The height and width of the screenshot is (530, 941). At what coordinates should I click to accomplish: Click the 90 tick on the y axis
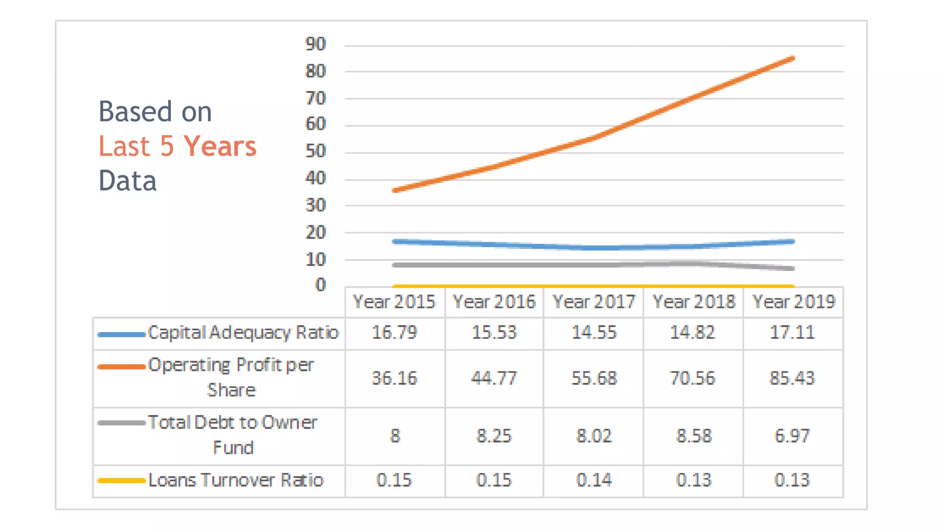coord(315,44)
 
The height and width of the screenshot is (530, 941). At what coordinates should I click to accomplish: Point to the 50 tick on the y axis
coord(315,151)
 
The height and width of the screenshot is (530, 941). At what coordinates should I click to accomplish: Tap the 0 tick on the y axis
coord(320,285)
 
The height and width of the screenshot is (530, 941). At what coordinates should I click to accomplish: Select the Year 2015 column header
coord(394,302)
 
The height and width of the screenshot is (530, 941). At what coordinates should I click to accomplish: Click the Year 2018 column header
coord(694,302)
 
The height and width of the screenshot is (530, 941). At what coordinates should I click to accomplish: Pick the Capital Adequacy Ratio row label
coord(243,333)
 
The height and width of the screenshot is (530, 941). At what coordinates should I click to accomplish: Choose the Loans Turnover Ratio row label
coord(236,480)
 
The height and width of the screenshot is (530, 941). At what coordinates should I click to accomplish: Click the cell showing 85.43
coord(792,378)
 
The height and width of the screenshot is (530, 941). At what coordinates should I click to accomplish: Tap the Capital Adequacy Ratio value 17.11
coord(792,333)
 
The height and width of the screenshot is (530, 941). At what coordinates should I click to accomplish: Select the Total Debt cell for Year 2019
coord(792,436)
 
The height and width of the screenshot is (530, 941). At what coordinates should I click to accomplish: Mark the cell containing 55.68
coord(594,378)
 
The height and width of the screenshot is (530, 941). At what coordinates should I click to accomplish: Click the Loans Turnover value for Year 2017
coord(594,480)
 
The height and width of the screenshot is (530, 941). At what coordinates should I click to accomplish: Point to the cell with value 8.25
coord(494,436)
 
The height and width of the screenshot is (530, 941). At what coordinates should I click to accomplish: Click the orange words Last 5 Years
coord(177,147)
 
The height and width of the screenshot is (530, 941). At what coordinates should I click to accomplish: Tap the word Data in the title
coord(128,181)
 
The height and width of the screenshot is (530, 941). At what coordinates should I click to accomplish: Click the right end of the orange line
coord(793,58)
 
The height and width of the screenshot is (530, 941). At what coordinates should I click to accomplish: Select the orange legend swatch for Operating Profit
coord(121,367)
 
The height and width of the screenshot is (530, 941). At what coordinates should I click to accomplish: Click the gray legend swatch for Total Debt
coord(121,423)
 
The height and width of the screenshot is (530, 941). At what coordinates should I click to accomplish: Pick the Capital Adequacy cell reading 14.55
coord(594,333)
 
